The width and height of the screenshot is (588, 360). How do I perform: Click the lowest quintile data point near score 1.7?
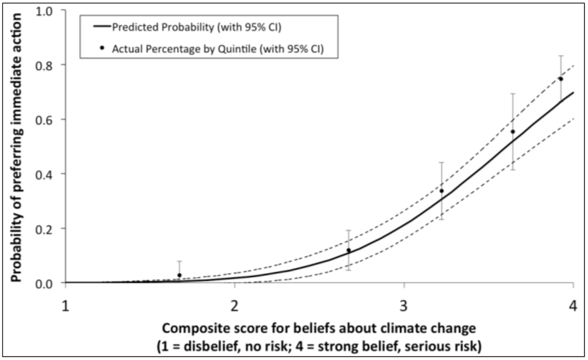tap(180, 275)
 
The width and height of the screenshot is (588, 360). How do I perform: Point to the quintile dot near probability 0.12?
tap(349, 250)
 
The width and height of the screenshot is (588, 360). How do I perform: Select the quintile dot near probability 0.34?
tap(442, 191)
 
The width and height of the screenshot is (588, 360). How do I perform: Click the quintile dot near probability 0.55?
tap(513, 131)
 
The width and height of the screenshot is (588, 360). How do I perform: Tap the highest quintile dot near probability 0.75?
tap(560, 79)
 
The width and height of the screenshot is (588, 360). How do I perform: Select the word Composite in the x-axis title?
tap(187, 329)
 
